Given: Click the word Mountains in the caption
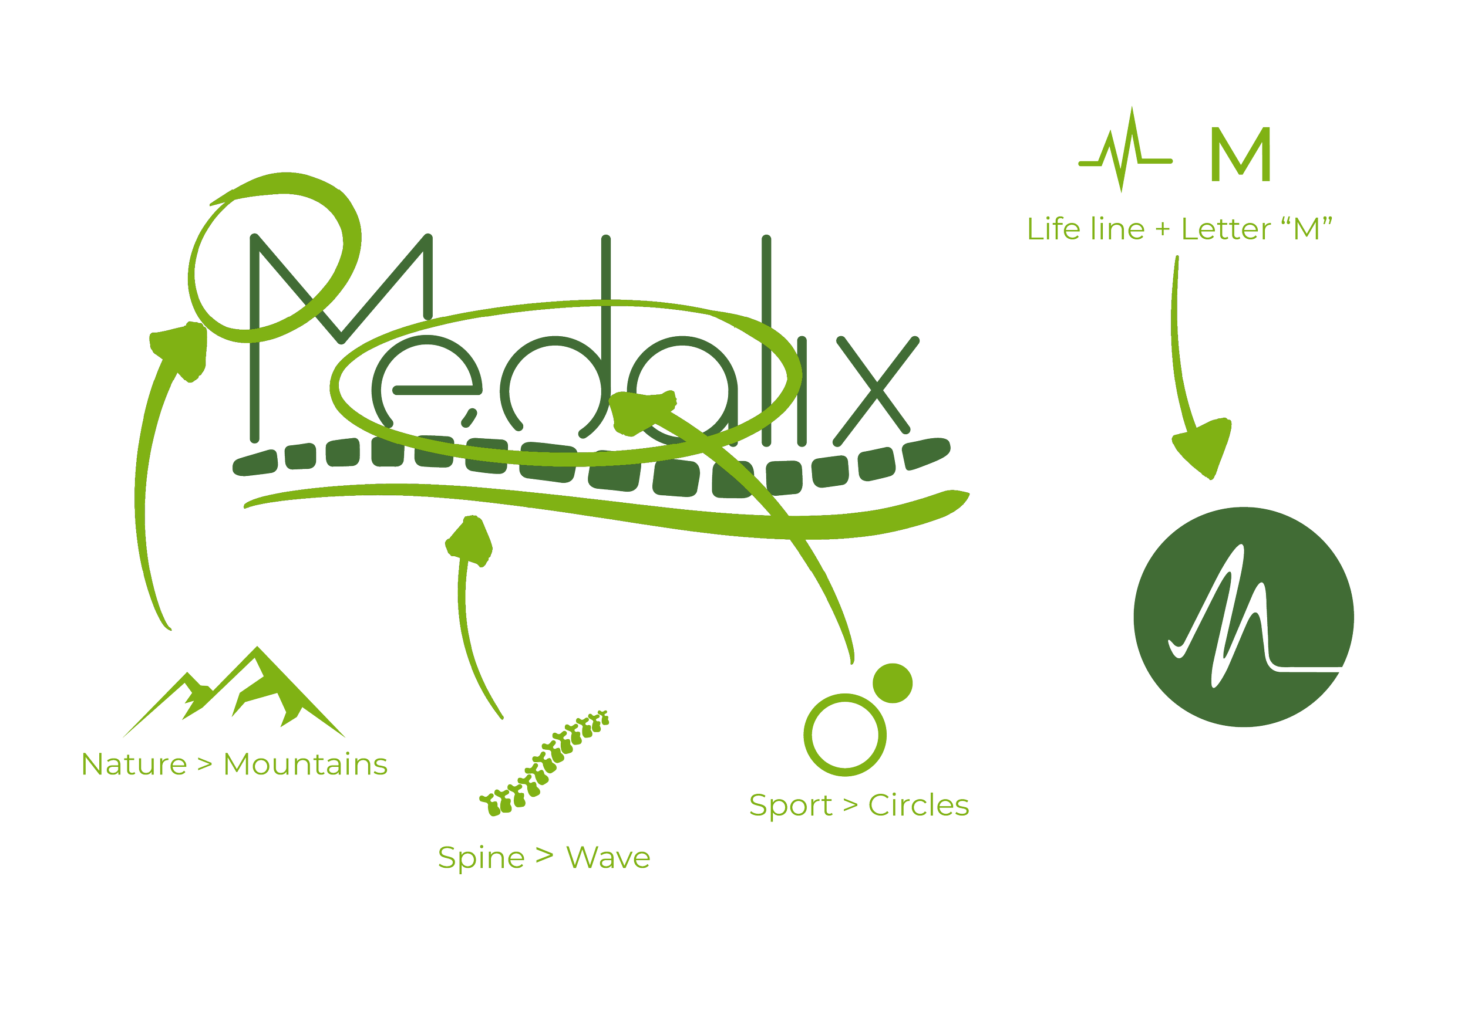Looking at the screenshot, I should click(x=305, y=764).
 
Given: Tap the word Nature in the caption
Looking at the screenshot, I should click(x=134, y=764).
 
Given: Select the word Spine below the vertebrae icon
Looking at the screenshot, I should click(x=480, y=858).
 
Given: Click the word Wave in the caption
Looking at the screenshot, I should click(x=608, y=858).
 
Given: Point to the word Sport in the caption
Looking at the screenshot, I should click(x=790, y=806).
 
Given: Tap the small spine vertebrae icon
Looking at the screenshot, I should click(x=544, y=764).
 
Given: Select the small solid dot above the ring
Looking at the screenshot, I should click(x=892, y=684).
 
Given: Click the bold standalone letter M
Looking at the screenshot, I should click(x=1240, y=154).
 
